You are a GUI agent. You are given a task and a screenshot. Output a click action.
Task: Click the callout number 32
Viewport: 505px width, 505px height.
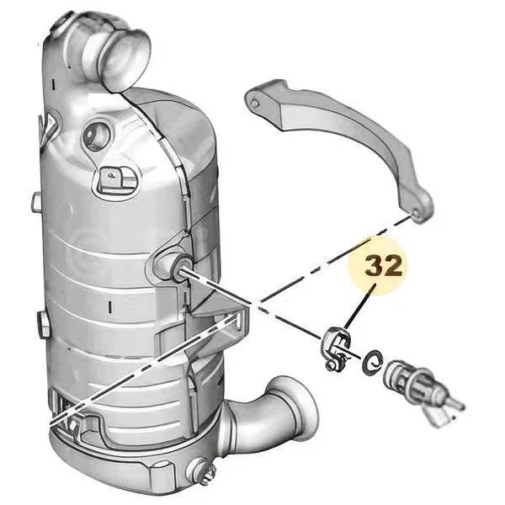[384, 266]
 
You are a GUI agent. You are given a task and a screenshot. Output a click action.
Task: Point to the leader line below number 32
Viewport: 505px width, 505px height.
[359, 306]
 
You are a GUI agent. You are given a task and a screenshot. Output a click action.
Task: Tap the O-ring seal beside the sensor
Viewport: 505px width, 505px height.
[372, 362]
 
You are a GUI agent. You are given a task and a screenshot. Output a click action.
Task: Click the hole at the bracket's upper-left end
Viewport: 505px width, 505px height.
[255, 104]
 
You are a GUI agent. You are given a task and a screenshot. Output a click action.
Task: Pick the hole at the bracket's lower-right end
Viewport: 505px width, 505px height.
[416, 214]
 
